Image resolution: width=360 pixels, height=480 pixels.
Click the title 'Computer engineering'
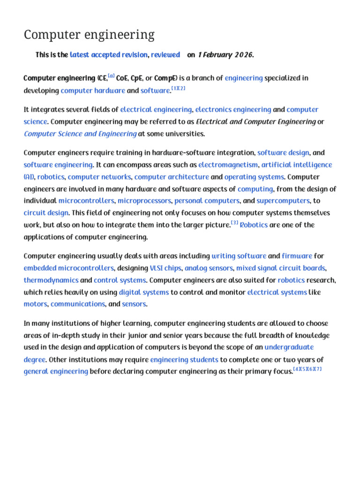pos(89,35)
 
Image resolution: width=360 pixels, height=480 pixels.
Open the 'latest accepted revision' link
pos(109,55)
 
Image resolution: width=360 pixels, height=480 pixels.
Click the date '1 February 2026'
pos(225,55)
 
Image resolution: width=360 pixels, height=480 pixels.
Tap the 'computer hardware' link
pos(93,90)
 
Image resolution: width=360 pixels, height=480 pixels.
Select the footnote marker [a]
pos(112,76)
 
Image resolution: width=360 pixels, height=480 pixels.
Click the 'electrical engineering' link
pos(156,110)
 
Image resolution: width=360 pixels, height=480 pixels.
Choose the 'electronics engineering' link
pos(233,110)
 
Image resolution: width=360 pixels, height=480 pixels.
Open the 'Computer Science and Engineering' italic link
pos(80,134)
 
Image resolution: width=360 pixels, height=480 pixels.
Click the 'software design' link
pos(283,153)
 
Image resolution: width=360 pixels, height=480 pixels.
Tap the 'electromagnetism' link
pos(228,165)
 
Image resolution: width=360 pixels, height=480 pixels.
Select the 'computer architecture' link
pos(172,177)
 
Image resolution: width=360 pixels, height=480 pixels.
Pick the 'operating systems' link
pos(254,177)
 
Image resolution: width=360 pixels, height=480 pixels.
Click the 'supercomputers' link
pos(283,201)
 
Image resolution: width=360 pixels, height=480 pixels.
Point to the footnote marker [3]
pos(235,223)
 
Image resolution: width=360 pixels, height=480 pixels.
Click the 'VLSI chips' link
pos(165,268)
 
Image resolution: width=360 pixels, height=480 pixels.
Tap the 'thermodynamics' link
pos(51,280)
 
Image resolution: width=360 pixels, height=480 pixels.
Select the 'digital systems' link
pos(143,292)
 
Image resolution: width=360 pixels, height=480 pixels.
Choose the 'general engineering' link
pos(56,372)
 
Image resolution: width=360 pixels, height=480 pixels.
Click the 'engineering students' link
pos(184,360)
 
